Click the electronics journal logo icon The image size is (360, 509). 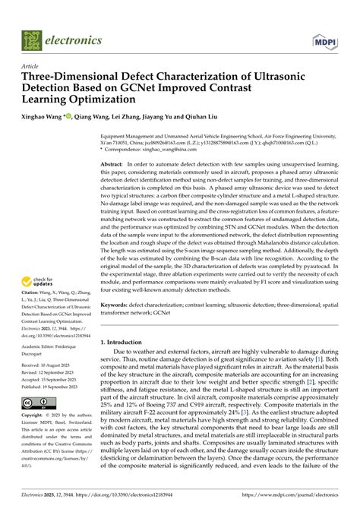click(32, 40)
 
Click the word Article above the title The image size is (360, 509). click(32, 66)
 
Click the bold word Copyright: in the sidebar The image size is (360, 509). click(36, 416)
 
